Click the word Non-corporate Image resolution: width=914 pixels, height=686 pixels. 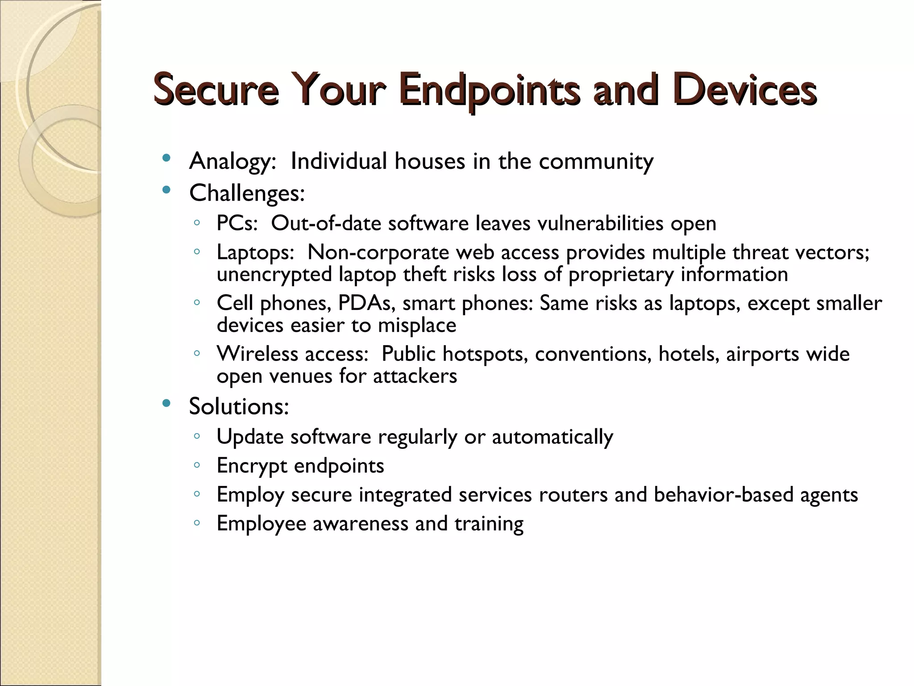coord(378,252)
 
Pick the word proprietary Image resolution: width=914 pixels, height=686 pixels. coord(621,274)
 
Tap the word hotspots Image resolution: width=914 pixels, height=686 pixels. coord(485,354)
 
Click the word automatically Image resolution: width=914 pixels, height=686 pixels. coord(552,437)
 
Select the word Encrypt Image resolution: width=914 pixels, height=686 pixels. coord(252,466)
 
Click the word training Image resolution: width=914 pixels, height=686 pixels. coord(489,524)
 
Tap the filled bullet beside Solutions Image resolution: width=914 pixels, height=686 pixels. coord(166,404)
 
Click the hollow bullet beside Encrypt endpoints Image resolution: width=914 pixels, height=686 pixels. coord(197,465)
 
